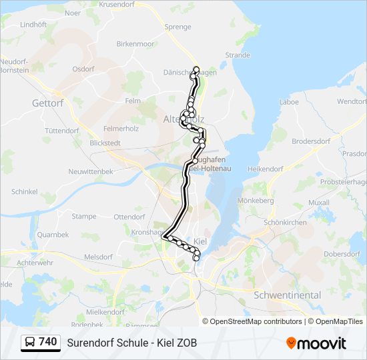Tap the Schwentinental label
click(287, 295)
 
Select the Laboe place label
click(288, 102)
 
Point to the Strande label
click(238, 55)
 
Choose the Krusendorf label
click(116, 4)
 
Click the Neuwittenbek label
click(91, 171)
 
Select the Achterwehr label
click(34, 263)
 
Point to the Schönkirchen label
click(285, 222)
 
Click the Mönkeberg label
click(256, 200)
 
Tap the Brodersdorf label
click(311, 141)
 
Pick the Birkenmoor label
click(135, 43)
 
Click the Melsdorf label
click(98, 257)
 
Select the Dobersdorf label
click(342, 254)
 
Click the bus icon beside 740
click(29, 343)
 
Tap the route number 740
click(48, 342)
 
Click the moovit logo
click(316, 343)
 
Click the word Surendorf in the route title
click(90, 343)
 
